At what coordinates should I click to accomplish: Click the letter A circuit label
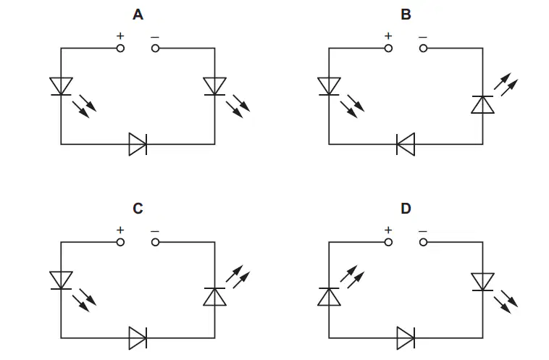(x=138, y=14)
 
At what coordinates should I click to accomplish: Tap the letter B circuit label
(x=406, y=14)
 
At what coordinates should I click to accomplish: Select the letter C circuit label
(x=138, y=209)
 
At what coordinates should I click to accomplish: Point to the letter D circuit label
(x=406, y=209)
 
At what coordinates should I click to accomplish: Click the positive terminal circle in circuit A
(x=120, y=49)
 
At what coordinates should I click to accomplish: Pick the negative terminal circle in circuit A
(x=156, y=49)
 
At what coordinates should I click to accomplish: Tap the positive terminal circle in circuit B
(x=388, y=49)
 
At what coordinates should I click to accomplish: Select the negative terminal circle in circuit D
(x=423, y=242)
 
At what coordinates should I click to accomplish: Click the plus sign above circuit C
(x=120, y=230)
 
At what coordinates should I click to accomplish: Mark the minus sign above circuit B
(x=423, y=37)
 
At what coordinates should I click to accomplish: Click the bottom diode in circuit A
(x=138, y=144)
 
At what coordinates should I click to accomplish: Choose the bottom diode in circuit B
(x=406, y=144)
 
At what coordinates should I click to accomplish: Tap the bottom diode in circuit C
(x=138, y=338)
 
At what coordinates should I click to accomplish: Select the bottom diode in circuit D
(x=406, y=338)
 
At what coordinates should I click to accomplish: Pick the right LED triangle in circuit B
(x=483, y=104)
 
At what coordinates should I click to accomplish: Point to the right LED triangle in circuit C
(x=214, y=296)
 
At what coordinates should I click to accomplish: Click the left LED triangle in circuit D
(x=329, y=296)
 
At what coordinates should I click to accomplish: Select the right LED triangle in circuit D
(x=483, y=282)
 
